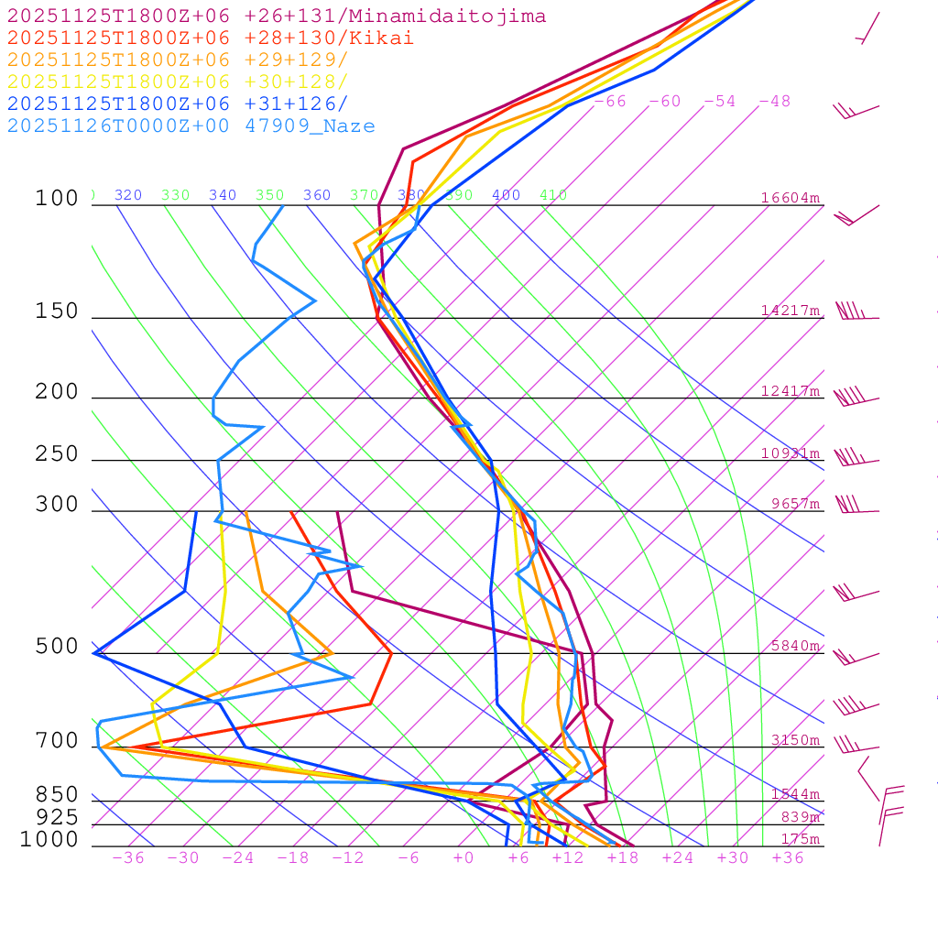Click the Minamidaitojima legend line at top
[x=277, y=16]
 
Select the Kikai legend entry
[x=211, y=38]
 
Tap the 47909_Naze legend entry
[x=191, y=126]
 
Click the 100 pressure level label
[x=57, y=198]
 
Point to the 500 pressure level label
[x=57, y=647]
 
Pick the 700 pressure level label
[x=57, y=740]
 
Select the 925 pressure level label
[x=57, y=816]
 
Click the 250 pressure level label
[x=57, y=454]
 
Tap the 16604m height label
[x=790, y=198]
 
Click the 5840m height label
[x=795, y=646]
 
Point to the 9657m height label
[x=795, y=504]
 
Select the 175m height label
[x=800, y=839]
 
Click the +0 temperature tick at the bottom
[x=464, y=857]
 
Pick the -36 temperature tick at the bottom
[x=128, y=857]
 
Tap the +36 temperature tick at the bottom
[x=788, y=857]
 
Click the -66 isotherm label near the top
[x=610, y=101]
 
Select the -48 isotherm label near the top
[x=775, y=101]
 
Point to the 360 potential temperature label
[x=317, y=195]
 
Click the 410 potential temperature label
[x=553, y=195]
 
